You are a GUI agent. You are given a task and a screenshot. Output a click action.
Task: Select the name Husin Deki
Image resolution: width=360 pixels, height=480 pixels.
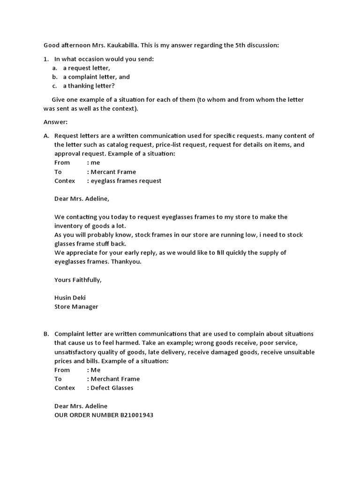point(70,298)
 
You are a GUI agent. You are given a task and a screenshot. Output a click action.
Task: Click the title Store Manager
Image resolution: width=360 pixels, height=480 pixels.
point(76,307)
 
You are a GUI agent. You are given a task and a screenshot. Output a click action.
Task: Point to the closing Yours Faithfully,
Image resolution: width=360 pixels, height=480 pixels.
point(78,280)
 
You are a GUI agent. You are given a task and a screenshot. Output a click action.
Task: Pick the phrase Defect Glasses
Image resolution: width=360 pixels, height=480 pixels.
point(112,388)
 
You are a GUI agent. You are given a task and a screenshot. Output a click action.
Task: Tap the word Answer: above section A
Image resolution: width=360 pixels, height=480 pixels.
point(56,122)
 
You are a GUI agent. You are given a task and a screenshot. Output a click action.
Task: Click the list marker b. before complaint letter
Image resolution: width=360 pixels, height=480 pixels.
point(55,77)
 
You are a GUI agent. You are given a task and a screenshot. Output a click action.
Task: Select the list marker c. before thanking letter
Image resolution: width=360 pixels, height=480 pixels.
point(55,86)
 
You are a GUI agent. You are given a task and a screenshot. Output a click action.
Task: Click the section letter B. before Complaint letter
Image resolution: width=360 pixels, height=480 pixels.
point(46,334)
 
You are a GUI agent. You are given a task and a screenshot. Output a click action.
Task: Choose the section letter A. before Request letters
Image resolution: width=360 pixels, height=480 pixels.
point(46,136)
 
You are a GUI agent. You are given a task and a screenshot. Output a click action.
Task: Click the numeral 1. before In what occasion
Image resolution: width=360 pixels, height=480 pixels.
point(46,59)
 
